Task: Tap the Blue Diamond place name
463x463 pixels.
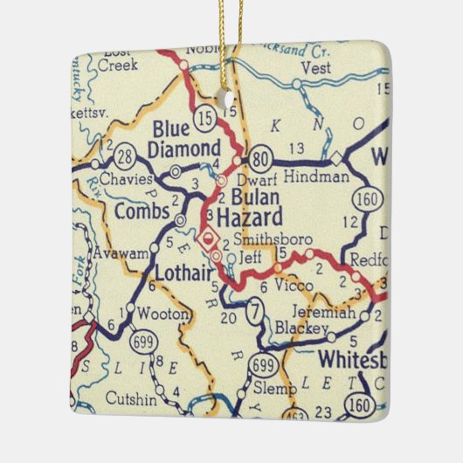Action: point(184,140)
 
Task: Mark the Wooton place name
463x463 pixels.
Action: point(164,314)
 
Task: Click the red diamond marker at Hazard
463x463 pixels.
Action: point(208,236)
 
